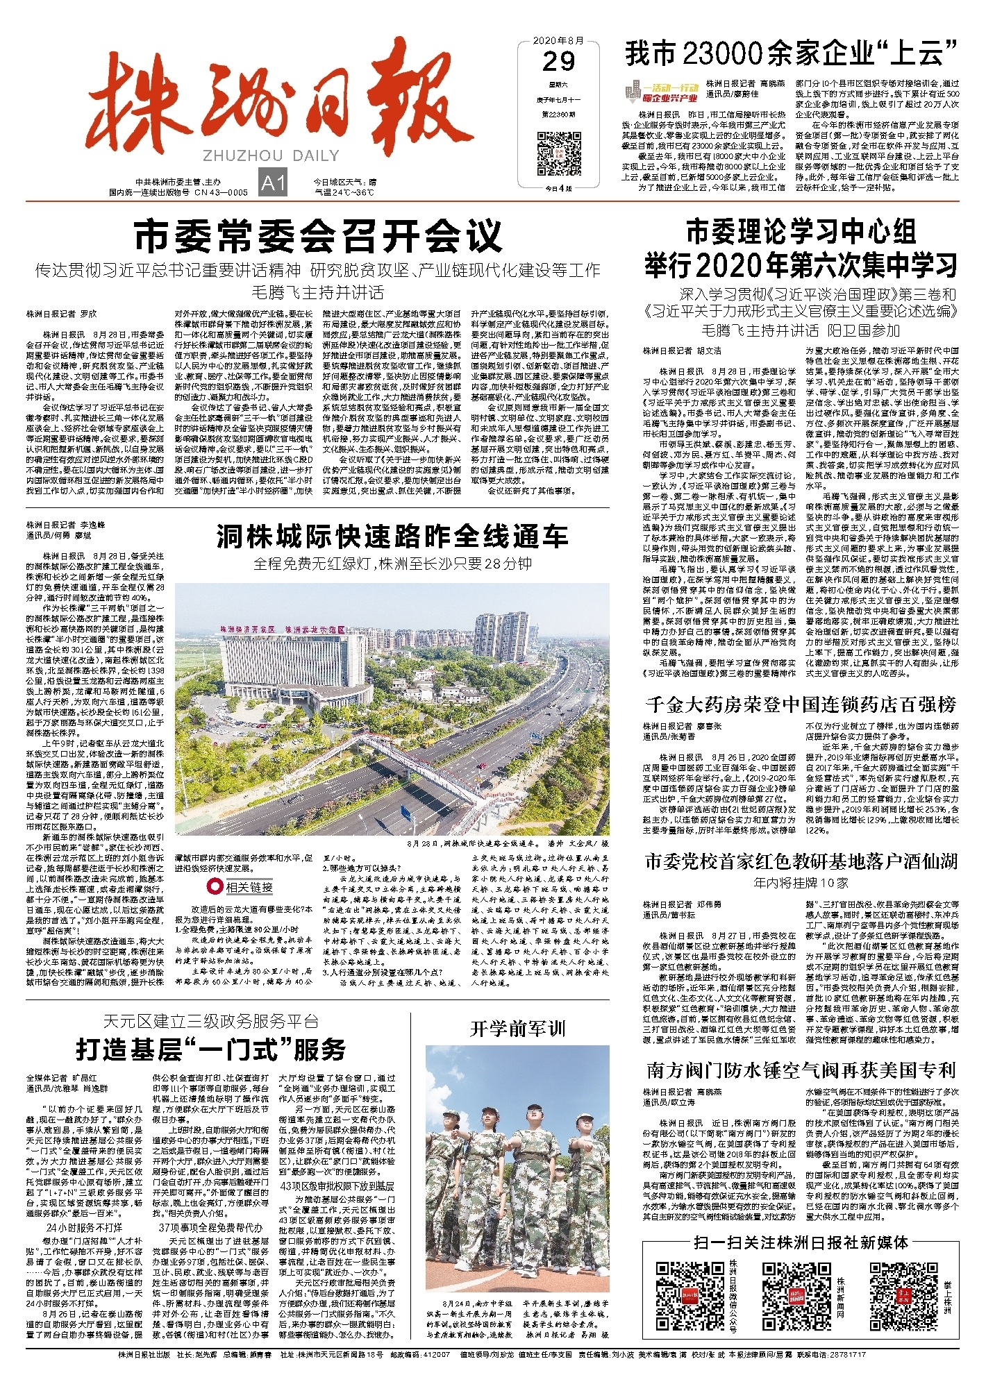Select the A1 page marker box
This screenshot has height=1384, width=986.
(272, 183)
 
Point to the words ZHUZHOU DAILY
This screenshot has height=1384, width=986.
(271, 155)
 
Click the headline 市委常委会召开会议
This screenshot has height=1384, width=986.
(317, 237)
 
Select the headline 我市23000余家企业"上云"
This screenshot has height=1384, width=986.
(792, 53)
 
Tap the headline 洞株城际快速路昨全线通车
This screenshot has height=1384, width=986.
(392, 536)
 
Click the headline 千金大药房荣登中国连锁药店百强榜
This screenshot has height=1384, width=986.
(801, 704)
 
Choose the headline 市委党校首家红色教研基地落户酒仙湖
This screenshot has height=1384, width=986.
(801, 862)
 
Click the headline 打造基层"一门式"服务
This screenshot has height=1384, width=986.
(211, 1049)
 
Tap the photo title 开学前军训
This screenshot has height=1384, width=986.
(517, 1028)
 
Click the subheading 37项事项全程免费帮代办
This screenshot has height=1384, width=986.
(211, 1228)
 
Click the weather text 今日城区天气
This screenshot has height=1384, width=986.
(344, 183)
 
